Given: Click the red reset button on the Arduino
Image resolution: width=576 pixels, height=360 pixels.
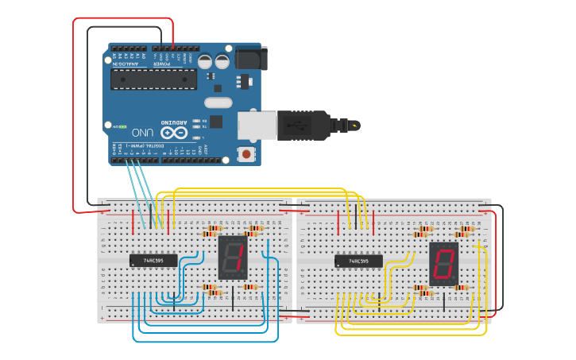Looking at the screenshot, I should [x=246, y=153].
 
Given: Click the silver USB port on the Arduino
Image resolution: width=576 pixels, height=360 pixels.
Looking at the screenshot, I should [x=255, y=126].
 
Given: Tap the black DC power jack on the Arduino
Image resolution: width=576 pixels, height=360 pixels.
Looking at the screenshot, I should [x=252, y=58].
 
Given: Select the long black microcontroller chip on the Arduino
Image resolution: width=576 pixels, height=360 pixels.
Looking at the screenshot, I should [x=153, y=79].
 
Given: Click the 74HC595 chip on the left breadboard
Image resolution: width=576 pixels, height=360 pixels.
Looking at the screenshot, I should [x=153, y=260].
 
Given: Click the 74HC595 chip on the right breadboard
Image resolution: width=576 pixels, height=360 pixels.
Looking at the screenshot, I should [x=358, y=261].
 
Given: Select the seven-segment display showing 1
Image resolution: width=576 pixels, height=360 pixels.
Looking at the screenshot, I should [x=232, y=257].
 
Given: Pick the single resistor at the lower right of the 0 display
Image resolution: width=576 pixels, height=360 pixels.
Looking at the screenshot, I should [x=461, y=288].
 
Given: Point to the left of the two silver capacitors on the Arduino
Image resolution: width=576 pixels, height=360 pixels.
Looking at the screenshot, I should [x=205, y=60].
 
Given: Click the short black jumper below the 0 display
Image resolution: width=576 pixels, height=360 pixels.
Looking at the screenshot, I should [x=444, y=300].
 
